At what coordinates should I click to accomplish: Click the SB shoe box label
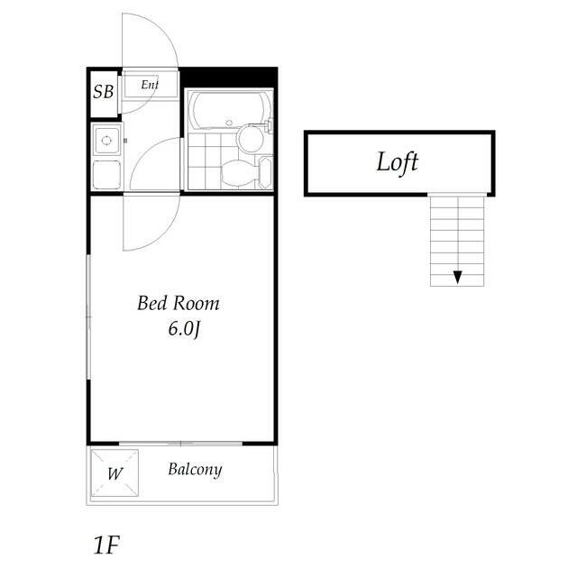(x=103, y=92)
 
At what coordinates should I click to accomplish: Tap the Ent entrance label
(x=150, y=86)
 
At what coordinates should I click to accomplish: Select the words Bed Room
(x=178, y=304)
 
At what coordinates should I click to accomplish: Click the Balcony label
(x=195, y=470)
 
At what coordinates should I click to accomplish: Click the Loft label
(x=398, y=163)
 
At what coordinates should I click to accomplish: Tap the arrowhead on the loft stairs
(x=458, y=277)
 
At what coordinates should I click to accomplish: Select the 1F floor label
(x=105, y=545)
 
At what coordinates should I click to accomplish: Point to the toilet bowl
(x=237, y=172)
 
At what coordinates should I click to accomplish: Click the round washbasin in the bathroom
(x=250, y=137)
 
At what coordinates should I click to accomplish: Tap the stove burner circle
(x=106, y=141)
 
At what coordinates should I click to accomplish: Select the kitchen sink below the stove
(x=105, y=174)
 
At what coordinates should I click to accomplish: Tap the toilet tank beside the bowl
(x=264, y=171)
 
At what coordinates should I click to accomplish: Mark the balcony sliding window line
(x=180, y=443)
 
